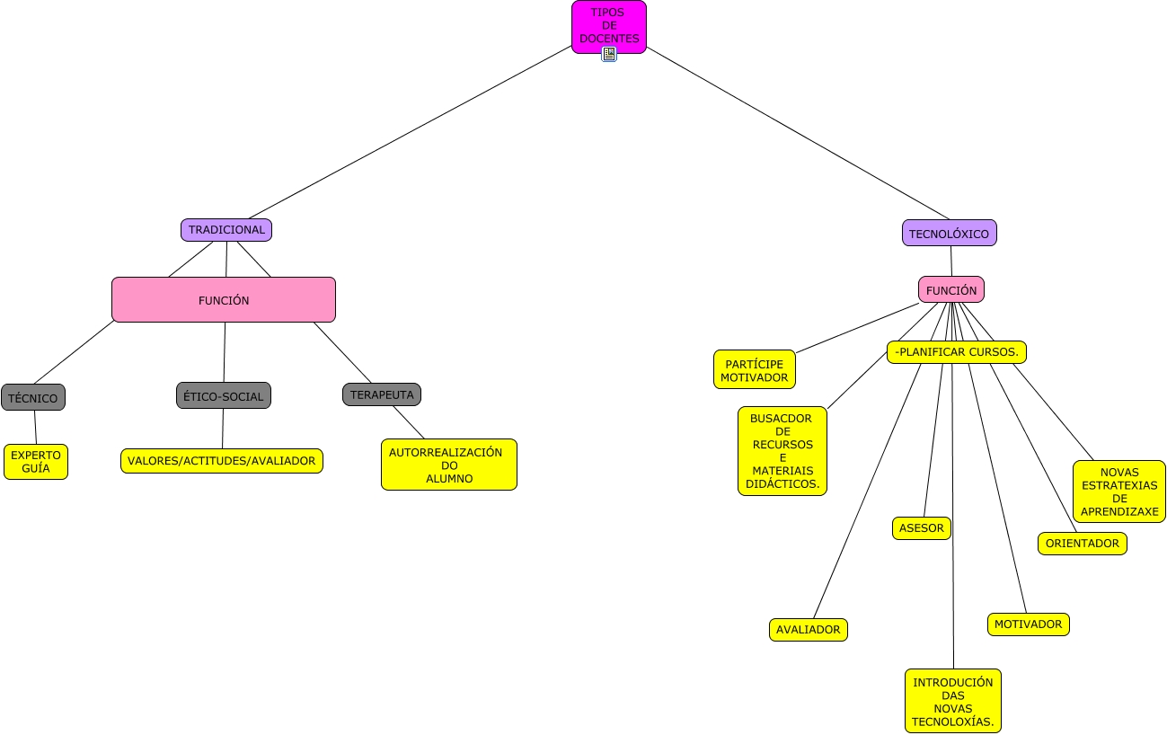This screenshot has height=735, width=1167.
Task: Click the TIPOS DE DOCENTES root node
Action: click(609, 27)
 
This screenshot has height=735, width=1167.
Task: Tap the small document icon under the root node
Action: click(609, 54)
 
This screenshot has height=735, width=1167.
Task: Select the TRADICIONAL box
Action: click(226, 230)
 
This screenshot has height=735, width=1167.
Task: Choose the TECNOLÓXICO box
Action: click(950, 233)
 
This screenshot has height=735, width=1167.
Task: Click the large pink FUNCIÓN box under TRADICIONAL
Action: click(224, 299)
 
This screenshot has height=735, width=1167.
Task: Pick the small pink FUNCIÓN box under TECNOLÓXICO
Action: click(951, 289)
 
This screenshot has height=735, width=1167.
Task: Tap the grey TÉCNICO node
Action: click(33, 397)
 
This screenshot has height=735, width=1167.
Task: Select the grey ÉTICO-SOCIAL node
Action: click(224, 395)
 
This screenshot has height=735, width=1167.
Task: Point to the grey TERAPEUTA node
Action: click(382, 394)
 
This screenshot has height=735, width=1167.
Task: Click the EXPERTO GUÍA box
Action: click(36, 462)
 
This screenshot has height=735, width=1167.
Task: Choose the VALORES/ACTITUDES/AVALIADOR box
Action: click(222, 461)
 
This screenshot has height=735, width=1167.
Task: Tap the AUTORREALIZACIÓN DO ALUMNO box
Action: click(449, 465)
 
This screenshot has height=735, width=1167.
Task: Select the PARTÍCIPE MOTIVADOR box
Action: click(755, 369)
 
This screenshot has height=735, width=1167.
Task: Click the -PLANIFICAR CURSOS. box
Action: click(957, 352)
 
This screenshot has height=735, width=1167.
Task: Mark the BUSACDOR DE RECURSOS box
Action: click(782, 451)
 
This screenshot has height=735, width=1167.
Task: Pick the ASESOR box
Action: click(922, 528)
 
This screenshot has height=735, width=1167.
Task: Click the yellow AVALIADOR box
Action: click(809, 630)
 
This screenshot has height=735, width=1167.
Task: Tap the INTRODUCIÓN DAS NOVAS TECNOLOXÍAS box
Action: click(953, 701)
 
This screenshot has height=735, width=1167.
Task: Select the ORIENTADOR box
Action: click(1083, 544)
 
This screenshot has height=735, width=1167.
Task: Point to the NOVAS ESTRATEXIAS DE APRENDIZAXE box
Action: click(1119, 491)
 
